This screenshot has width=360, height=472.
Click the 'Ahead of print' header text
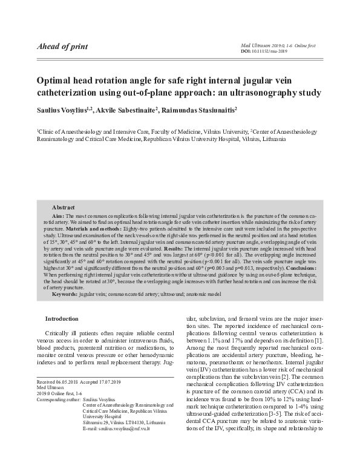(62, 47)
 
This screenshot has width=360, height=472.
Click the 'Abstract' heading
(64, 207)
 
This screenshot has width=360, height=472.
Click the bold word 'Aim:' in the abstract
(59, 215)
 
